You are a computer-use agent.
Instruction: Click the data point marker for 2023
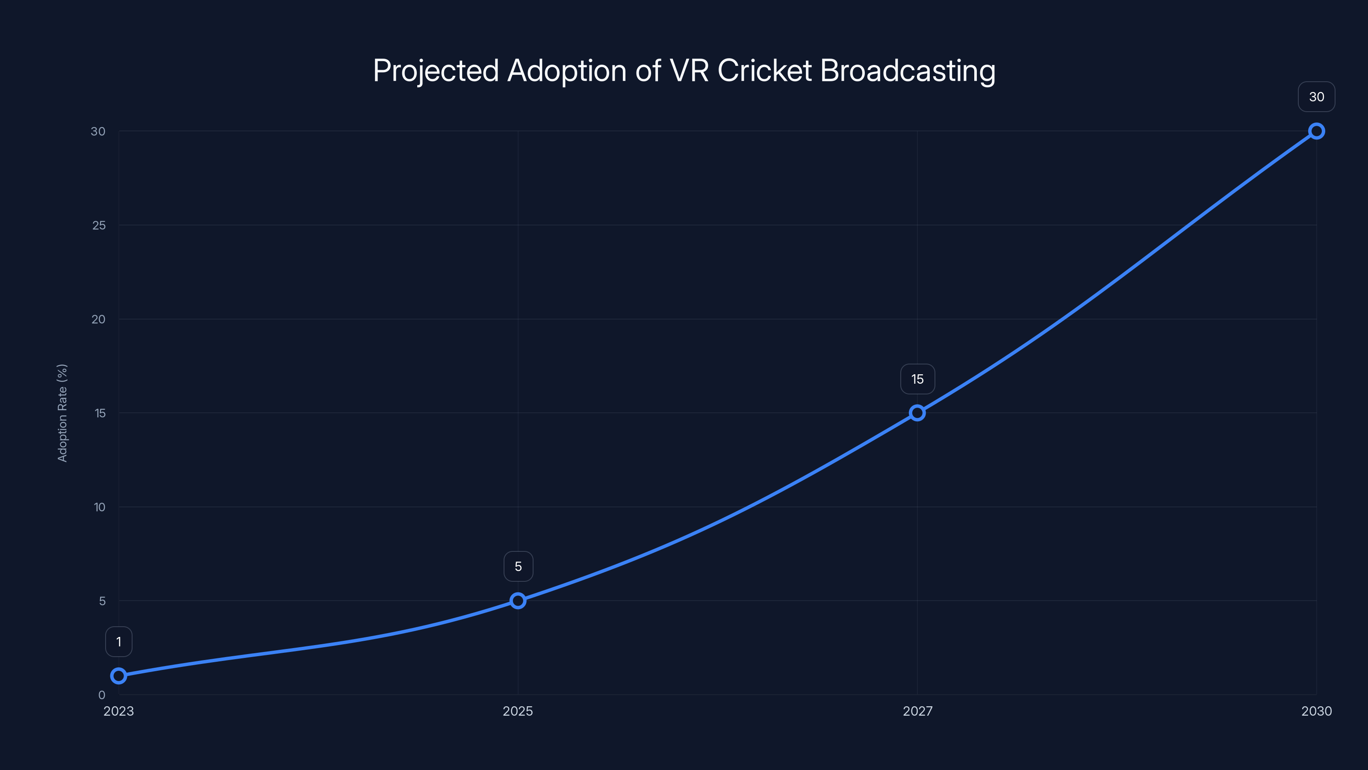[118, 675]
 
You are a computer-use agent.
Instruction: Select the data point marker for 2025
[518, 601]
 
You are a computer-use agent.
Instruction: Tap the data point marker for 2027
[917, 413]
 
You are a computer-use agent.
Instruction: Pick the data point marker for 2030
[1317, 131]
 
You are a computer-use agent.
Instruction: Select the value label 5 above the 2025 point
[518, 566]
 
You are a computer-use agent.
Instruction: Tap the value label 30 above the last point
[1317, 97]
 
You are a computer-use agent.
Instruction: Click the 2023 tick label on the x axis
[118, 711]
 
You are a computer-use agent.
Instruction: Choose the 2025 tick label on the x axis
[518, 711]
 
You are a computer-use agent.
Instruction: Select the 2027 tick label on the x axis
[917, 711]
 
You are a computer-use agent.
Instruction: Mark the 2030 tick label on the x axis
[1317, 711]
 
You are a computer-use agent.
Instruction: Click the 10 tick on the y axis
[99, 507]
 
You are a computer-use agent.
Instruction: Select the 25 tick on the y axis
[99, 225]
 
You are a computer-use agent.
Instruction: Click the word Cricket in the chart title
[764, 70]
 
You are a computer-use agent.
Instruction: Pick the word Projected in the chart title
[436, 71]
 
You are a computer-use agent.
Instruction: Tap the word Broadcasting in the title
[908, 71]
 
